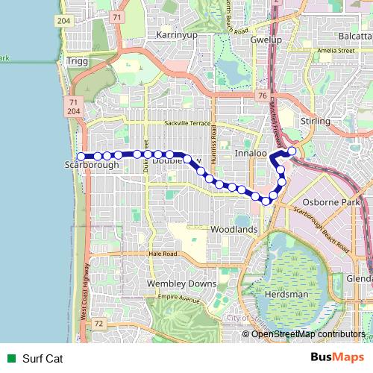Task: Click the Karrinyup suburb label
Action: pyautogui.click(x=175, y=35)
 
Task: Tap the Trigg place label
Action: pyautogui.click(x=77, y=61)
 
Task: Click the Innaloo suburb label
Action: pyautogui.click(x=251, y=152)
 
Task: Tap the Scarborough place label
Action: pyautogui.click(x=92, y=164)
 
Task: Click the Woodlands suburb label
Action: pyautogui.click(x=234, y=230)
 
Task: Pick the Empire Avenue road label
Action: pyautogui.click(x=180, y=300)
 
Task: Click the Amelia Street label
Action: pyautogui.click(x=335, y=51)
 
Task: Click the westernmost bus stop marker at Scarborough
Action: pyautogui.click(x=81, y=156)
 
